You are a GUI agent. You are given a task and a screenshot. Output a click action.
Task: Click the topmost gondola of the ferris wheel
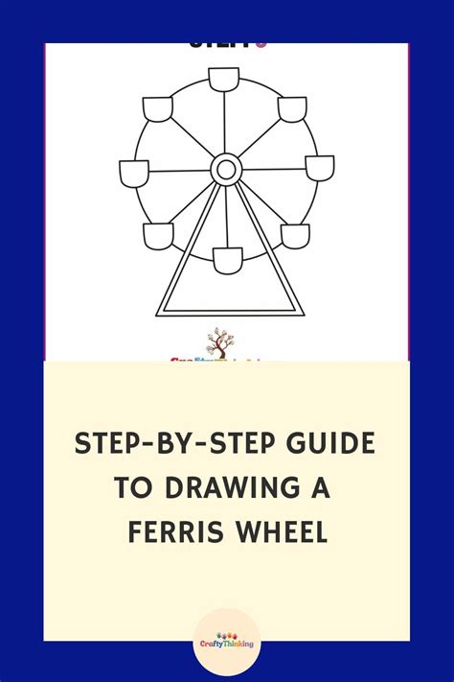pyautogui.click(x=226, y=80)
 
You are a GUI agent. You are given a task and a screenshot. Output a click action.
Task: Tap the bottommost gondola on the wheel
pyautogui.click(x=227, y=259)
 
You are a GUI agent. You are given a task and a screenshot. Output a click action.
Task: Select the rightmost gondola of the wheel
pyautogui.click(x=319, y=168)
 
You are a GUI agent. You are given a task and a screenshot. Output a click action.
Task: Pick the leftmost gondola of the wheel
pyautogui.click(x=134, y=173)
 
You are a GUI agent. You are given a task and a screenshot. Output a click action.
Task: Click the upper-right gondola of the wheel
pyautogui.click(x=291, y=108)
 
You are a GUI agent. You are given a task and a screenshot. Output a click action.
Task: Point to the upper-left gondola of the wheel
pyautogui.click(x=158, y=108)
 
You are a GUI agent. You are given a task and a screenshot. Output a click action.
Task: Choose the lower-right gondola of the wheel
pyautogui.click(x=294, y=235)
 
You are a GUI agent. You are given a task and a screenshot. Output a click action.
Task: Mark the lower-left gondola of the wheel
pyautogui.click(x=158, y=235)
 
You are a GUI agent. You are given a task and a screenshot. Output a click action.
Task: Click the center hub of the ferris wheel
pyautogui.click(x=226, y=170)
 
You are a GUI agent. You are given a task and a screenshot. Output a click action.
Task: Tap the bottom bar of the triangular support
pyautogui.click(x=230, y=314)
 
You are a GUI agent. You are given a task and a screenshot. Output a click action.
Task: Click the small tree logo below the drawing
pyautogui.click(x=220, y=342)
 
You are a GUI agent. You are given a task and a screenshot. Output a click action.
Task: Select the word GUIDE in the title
pyautogui.click(x=329, y=444)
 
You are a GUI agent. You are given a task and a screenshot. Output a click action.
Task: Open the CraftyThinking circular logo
pyautogui.click(x=226, y=638)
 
